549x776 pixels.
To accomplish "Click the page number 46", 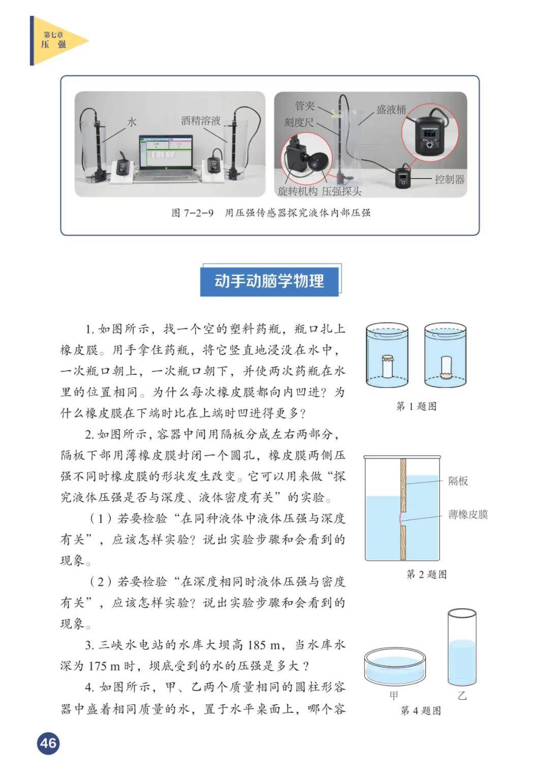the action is [48, 743].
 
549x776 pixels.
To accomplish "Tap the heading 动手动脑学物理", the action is [269, 281].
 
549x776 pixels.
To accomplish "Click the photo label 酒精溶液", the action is [201, 120].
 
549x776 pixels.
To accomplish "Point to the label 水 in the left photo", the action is [132, 122].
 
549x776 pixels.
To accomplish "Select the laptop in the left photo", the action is [166, 158].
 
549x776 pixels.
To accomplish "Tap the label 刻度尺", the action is [299, 122].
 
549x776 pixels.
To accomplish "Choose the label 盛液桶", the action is [391, 109].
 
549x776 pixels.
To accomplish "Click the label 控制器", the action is [449, 179].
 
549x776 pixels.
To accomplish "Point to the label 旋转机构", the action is [297, 191].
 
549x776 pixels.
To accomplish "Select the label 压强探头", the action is [342, 191].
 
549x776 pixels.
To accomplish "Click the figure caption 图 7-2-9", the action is [193, 213].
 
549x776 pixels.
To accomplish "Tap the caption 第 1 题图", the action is [416, 406].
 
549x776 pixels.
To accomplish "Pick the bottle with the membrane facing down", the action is [445, 367].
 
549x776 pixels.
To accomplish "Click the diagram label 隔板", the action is [458, 481].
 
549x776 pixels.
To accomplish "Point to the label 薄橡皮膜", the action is [468, 515].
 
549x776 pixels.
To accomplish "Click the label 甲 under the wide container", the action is [394, 695].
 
